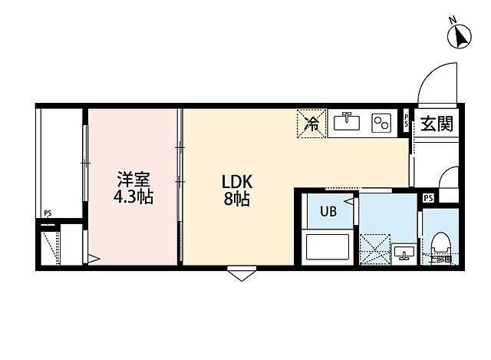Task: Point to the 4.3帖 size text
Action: [133, 197]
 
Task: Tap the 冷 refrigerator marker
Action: [312, 123]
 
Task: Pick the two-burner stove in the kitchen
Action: [381, 123]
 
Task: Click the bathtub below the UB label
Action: [328, 247]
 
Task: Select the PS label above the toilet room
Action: [428, 198]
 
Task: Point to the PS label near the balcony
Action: [48, 214]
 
